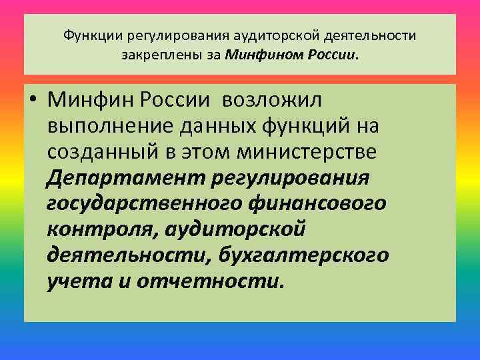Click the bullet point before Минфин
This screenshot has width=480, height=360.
[x=34, y=101]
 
